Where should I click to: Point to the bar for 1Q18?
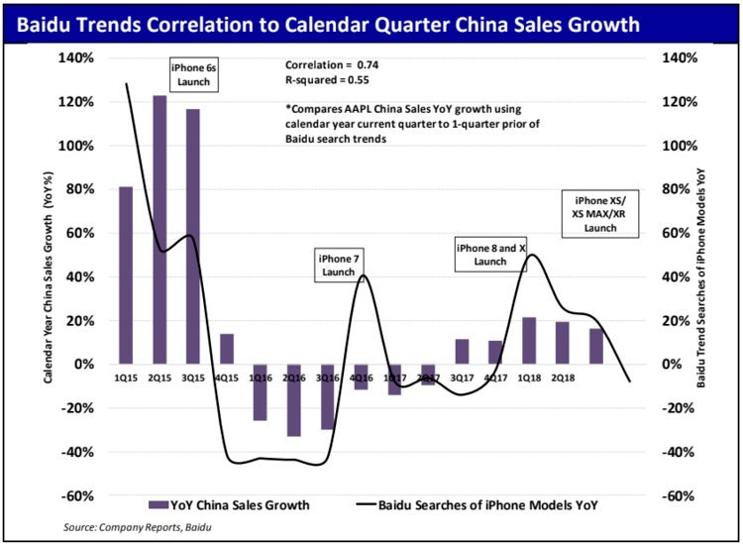coord(529,340)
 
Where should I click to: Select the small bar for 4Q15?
coord(226,349)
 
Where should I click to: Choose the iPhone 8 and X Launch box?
coord(490,254)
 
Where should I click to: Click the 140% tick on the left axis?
coord(78,57)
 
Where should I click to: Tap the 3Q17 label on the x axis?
coord(461,378)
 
